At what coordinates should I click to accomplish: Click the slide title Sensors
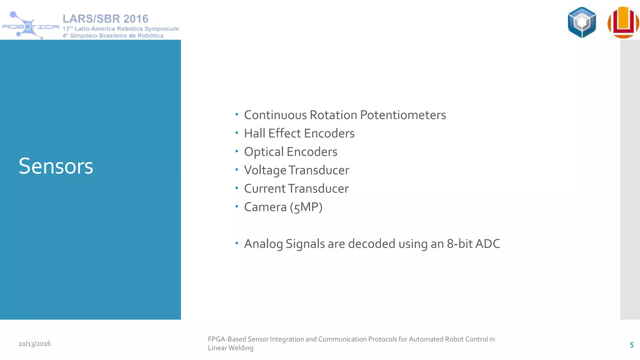[x=56, y=166]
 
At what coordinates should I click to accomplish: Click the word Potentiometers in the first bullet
[x=403, y=115]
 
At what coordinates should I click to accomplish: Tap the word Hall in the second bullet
[x=254, y=133]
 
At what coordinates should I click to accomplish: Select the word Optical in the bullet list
[x=264, y=152]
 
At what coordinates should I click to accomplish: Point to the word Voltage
[x=265, y=171]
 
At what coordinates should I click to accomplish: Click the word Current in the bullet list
[x=265, y=189]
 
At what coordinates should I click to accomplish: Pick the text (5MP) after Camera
[x=306, y=207]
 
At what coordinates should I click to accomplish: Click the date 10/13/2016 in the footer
[x=35, y=344]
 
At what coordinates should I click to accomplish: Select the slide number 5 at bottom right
[x=632, y=345]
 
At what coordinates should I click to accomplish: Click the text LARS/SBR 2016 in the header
[x=106, y=19]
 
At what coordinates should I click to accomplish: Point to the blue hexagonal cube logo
[x=582, y=22]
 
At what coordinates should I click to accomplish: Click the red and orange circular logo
[x=623, y=22]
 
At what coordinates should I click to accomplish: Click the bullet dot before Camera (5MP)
[x=237, y=206]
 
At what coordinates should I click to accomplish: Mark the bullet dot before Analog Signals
[x=237, y=243]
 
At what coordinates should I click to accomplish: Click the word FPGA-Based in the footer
[x=227, y=339]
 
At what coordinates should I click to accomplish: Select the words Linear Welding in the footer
[x=231, y=348]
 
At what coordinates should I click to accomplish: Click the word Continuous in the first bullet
[x=275, y=115]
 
